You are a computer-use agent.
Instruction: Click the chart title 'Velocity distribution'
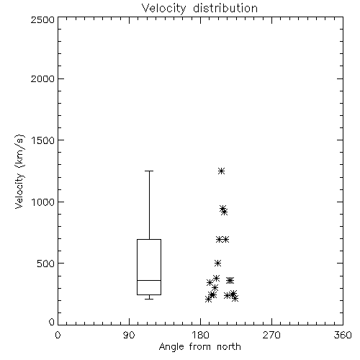click(x=199, y=9)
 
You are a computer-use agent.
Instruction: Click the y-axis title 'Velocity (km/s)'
click(x=19, y=171)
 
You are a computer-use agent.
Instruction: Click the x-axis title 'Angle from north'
click(x=199, y=347)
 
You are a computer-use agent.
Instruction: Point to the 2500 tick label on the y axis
click(x=42, y=19)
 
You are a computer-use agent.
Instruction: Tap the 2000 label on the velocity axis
click(x=42, y=78)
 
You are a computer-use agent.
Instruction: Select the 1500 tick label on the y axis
click(x=43, y=140)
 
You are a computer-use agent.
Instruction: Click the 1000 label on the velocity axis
click(x=43, y=202)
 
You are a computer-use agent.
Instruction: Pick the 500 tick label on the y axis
click(x=46, y=264)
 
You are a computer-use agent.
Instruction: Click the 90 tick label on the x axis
click(x=129, y=335)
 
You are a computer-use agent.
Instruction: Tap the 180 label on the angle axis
click(x=200, y=335)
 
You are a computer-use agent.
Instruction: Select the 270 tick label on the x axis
click(x=271, y=335)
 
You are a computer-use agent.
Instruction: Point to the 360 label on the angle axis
click(x=343, y=335)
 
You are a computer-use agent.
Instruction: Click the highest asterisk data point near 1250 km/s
click(x=221, y=171)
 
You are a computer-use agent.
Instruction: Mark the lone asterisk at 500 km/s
click(x=217, y=264)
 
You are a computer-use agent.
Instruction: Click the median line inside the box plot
click(x=149, y=280)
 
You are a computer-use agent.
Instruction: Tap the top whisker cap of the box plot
click(x=149, y=171)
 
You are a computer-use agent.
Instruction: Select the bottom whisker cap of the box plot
click(x=149, y=299)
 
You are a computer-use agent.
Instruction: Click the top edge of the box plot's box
click(x=149, y=239)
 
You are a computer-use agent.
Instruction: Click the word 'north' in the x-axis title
click(x=229, y=347)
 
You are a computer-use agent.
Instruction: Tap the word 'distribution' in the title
click(x=225, y=9)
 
